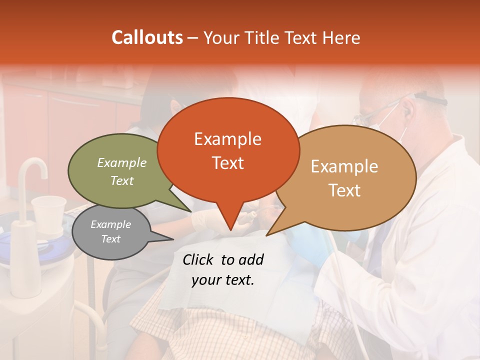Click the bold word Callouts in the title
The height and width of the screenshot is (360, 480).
pyautogui.click(x=147, y=37)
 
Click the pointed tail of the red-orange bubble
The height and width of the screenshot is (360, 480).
pyautogui.click(x=229, y=227)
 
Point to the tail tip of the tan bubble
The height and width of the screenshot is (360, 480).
pyautogui.click(x=267, y=234)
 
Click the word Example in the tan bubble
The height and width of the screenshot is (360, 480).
pyautogui.click(x=344, y=166)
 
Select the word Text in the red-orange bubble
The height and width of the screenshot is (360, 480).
pyautogui.click(x=227, y=163)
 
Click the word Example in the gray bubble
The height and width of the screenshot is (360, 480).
pyautogui.click(x=110, y=224)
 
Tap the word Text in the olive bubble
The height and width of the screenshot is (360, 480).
pyautogui.click(x=122, y=181)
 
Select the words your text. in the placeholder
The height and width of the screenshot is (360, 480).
pyautogui.click(x=223, y=280)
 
